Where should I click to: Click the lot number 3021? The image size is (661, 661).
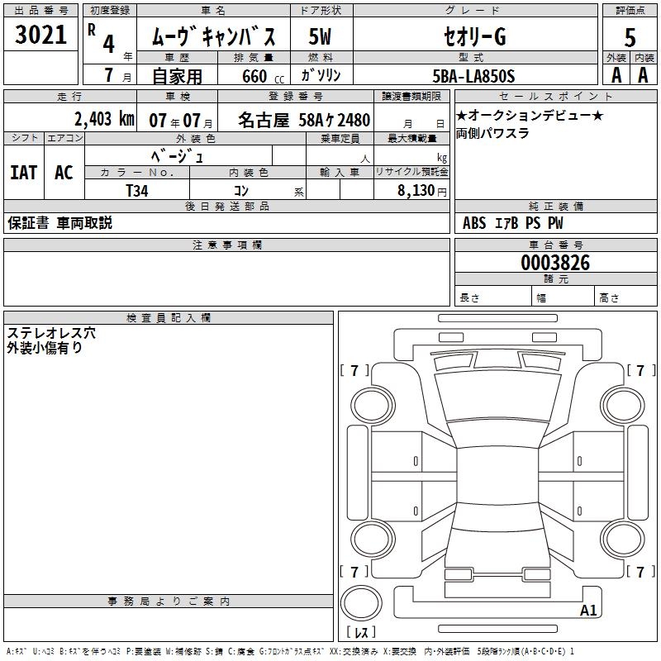(x=40, y=35)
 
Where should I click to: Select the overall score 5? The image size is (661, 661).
(x=630, y=37)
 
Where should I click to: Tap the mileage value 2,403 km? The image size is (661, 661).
(x=104, y=119)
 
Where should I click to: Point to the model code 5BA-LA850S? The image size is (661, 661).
(x=473, y=76)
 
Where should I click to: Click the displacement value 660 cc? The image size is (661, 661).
(x=263, y=77)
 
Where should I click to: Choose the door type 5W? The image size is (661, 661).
(x=320, y=36)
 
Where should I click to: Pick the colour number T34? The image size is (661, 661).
(x=137, y=191)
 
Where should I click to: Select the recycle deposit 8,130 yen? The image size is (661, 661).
(x=421, y=191)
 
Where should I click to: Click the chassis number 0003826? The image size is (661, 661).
(x=555, y=263)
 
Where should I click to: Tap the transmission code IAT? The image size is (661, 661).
(x=24, y=173)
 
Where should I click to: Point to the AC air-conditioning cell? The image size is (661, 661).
(x=64, y=173)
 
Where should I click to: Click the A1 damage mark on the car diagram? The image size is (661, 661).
(x=588, y=610)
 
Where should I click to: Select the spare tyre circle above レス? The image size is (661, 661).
(x=361, y=603)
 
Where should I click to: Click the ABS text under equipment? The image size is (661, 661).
(x=474, y=223)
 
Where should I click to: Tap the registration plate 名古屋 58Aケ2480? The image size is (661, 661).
(x=303, y=120)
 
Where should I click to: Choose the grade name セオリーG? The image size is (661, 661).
(x=475, y=36)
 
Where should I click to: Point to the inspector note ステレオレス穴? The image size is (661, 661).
(x=51, y=333)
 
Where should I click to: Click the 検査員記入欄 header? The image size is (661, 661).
(x=169, y=318)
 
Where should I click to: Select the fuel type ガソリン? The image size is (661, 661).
(x=321, y=76)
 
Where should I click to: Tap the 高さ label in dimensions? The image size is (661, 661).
(x=609, y=298)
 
